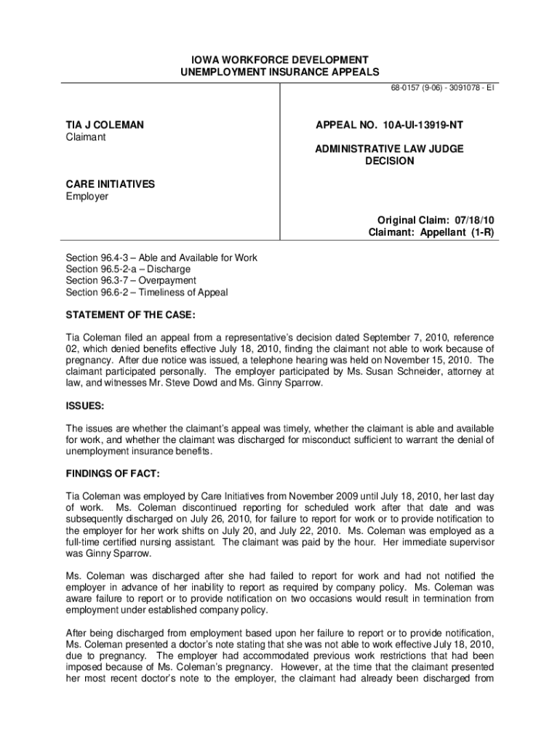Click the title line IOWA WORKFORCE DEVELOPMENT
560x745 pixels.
(x=280, y=59)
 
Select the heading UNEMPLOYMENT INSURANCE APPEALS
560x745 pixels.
(x=280, y=71)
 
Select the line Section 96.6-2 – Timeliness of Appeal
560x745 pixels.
(x=147, y=292)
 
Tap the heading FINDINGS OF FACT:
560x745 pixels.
(x=113, y=474)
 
